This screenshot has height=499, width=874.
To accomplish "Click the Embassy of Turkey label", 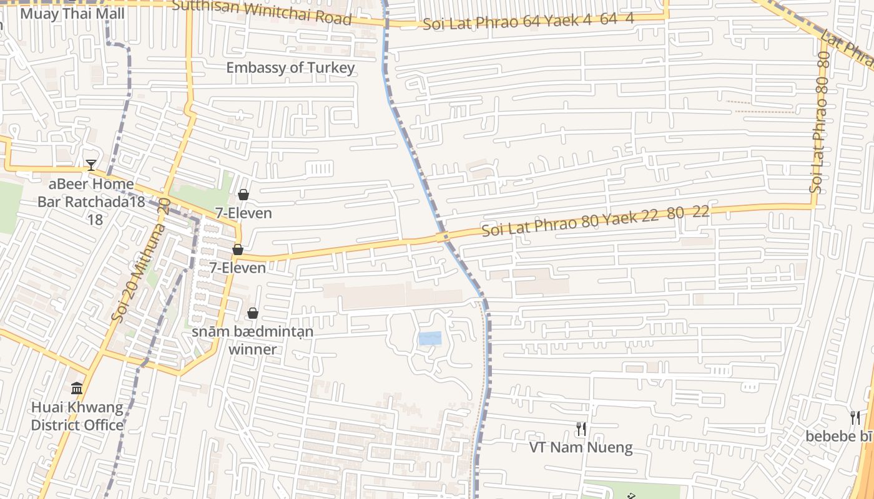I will coord(290,67).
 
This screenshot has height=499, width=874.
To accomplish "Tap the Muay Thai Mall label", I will coord(72,13).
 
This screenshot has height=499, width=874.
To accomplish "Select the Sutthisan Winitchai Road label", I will coord(262,12).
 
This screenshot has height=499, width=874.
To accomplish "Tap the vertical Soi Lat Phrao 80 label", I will coord(820,122).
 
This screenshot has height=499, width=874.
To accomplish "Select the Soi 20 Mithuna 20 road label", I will coord(140,259).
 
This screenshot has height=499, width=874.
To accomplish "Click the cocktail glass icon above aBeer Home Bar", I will coord(91,165).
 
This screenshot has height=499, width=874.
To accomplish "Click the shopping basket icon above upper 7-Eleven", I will coord(243,195).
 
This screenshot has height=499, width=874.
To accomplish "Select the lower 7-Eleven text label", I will coord(237,268).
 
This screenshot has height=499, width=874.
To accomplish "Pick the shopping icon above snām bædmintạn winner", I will coord(253,313).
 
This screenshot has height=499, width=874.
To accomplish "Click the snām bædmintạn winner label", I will coord(252,340).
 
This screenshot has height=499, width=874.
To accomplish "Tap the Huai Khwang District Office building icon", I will coord(77,389).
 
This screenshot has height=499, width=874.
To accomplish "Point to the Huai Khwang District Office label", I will coord(77,416).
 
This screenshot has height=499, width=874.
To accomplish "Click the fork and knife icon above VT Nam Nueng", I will coord(581,429).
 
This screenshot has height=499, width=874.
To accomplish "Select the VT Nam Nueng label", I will coord(581,447).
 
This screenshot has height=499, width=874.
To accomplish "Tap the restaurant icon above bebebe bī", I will coord(855,417).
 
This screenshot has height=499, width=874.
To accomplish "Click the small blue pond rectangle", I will coord(430,339).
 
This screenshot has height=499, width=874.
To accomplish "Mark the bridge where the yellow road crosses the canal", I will coord(443,237).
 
